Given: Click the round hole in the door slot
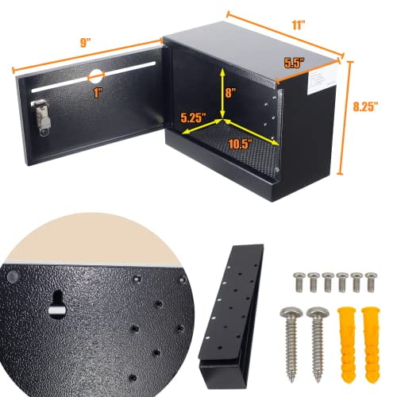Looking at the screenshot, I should pos(94,77).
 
